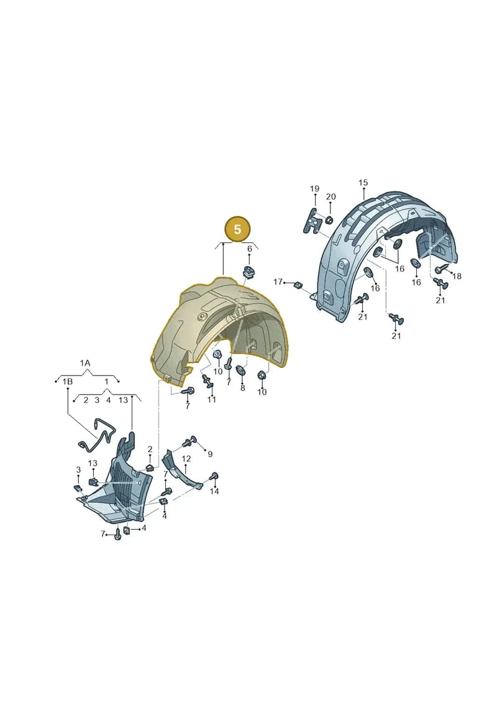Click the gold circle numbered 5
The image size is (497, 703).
tap(237, 229)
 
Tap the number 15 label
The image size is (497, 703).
tap(363, 183)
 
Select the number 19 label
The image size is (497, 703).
tap(314, 189)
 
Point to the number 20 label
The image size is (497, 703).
tap(331, 196)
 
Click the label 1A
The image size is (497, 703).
tap(85, 363)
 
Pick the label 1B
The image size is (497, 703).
tap(67, 382)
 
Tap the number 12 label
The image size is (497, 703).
tap(186, 459)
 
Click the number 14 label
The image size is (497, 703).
tap(214, 491)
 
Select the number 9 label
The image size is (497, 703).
tap(210, 454)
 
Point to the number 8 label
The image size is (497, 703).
tap(242, 388)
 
